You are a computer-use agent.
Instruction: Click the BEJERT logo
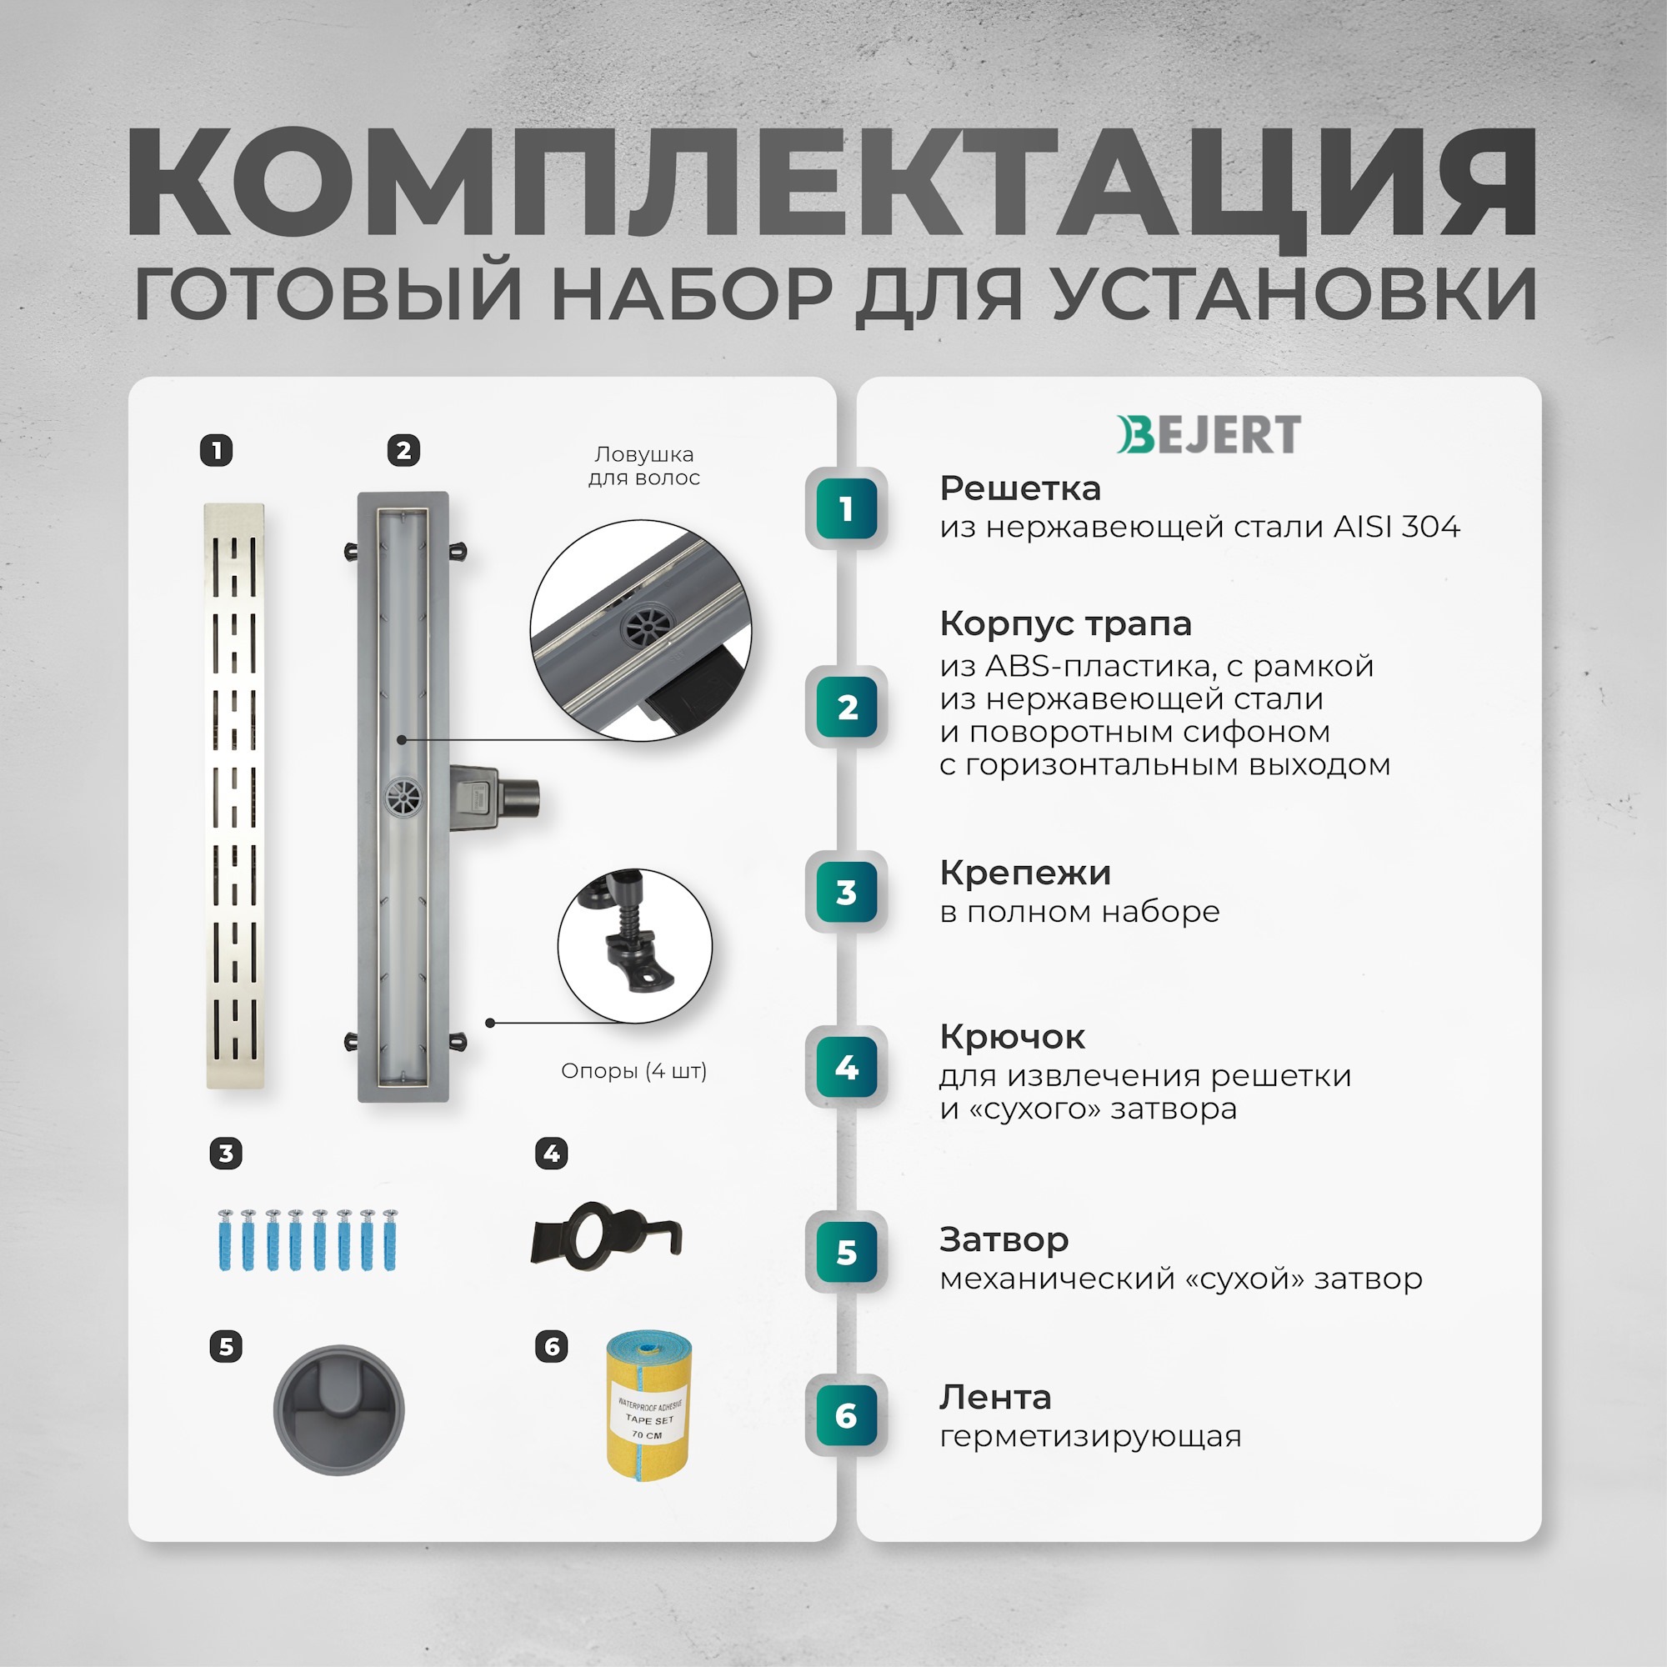pyautogui.click(x=1209, y=434)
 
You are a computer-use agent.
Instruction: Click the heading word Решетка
pyautogui.click(x=1020, y=488)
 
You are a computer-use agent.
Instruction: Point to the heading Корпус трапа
pyautogui.click(x=1064, y=623)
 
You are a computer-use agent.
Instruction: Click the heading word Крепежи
pyautogui.click(x=1025, y=873)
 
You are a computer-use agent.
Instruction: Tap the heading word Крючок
pyautogui.click(x=1012, y=1036)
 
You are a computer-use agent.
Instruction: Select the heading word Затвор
pyautogui.click(x=1004, y=1239)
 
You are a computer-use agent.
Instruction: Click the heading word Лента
pyautogui.click(x=995, y=1396)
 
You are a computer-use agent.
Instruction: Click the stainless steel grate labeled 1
pyautogui.click(x=234, y=795)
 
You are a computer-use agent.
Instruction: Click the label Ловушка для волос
pyautogui.click(x=643, y=466)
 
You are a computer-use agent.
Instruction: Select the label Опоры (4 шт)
pyautogui.click(x=633, y=1071)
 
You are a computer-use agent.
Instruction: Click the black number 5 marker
pyautogui.click(x=226, y=1346)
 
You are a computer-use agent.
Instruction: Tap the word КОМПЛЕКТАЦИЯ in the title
pyautogui.click(x=832, y=183)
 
